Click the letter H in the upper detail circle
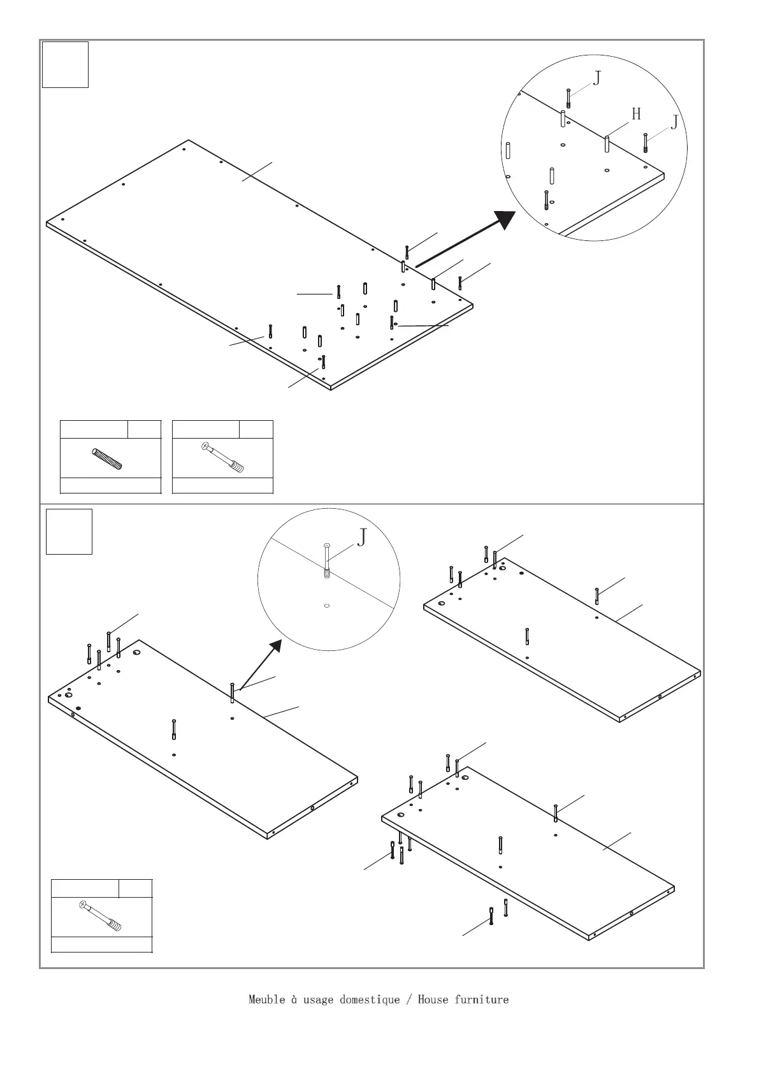pos(636,114)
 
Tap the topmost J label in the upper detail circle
pos(597,78)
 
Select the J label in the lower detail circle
pos(361,537)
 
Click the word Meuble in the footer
pos(266,999)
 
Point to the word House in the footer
pos(433,999)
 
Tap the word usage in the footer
pos(318,999)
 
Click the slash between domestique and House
pos(408,999)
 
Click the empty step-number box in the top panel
pos(65,64)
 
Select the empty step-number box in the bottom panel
pos(69,531)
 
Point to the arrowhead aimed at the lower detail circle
pos(275,646)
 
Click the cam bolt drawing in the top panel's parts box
pos(222,457)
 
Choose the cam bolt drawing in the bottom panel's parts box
pos(101,916)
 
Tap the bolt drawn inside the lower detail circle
pos(327,559)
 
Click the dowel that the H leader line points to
pos(607,143)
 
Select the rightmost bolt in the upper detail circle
pos(646,142)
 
